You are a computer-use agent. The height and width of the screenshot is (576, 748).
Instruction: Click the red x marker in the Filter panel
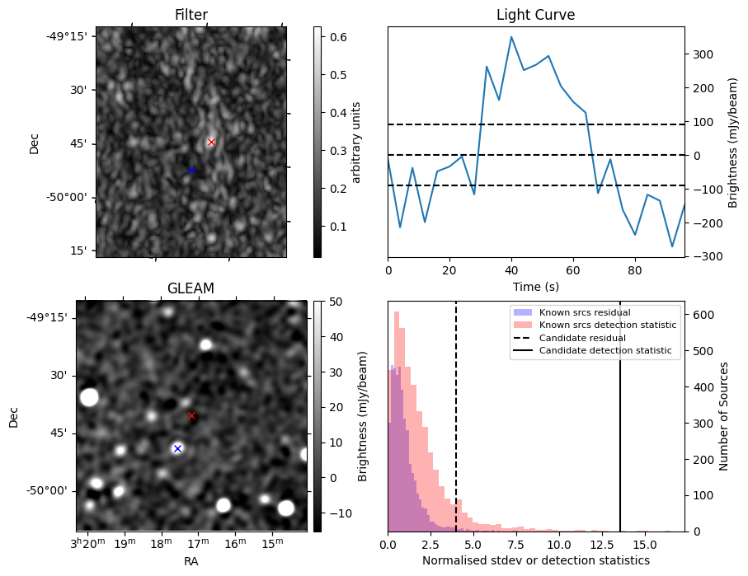pos(211,143)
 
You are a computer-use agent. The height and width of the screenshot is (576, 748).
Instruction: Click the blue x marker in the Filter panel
pos(192,171)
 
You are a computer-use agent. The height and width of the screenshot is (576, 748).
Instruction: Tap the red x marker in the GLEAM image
pos(192,416)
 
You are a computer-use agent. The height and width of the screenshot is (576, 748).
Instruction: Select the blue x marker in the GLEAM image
pos(177,448)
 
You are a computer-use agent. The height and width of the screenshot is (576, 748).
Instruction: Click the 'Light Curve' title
pos(535,15)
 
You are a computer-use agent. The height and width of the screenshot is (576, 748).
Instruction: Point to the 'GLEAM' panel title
pos(191,288)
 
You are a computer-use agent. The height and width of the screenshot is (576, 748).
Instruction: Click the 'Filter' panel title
pos(191,15)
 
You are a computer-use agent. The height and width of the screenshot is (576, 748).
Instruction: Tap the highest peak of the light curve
pos(511,36)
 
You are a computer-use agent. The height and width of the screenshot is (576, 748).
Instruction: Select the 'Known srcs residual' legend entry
pos(585,312)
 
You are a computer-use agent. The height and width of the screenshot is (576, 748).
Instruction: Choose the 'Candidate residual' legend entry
pos(582,338)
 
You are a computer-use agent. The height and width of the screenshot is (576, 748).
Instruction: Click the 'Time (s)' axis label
pos(535,285)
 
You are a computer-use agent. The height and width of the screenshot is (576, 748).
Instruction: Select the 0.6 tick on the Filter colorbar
pos(338,37)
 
